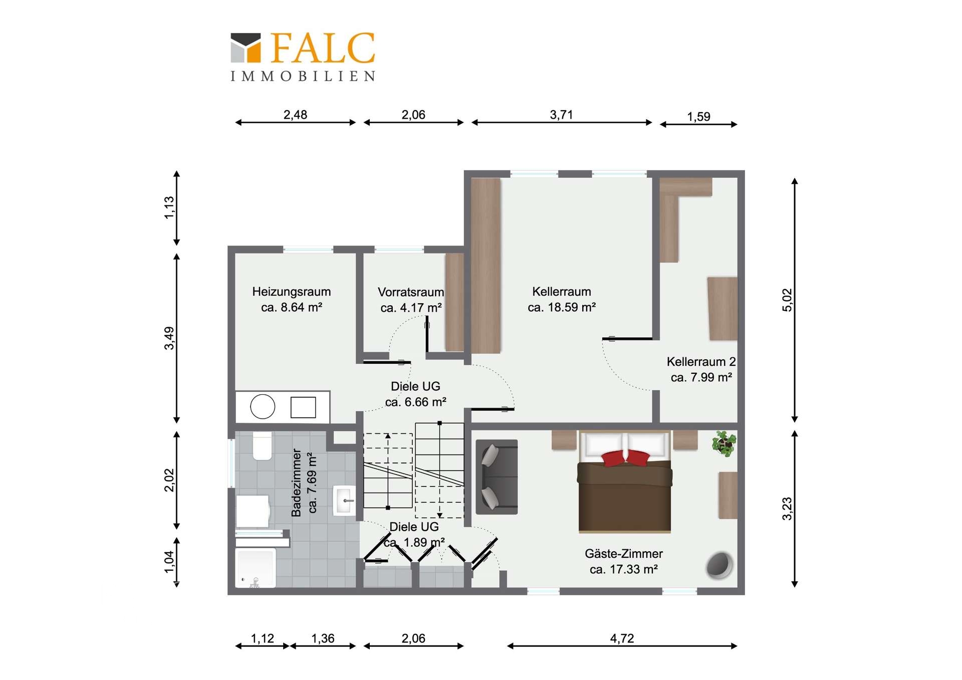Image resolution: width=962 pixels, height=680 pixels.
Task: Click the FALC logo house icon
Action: click(246, 48)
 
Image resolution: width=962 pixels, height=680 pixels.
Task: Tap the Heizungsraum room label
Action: click(291, 292)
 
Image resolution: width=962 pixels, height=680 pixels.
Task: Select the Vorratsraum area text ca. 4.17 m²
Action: click(411, 308)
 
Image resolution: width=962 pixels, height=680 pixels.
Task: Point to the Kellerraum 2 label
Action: click(701, 362)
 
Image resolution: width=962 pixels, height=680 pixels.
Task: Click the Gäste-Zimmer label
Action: click(624, 554)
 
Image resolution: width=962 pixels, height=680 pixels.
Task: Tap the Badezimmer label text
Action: click(297, 483)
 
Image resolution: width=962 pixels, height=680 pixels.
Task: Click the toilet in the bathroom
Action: click(262, 445)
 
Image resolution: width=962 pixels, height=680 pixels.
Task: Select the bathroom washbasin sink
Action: click(345, 500)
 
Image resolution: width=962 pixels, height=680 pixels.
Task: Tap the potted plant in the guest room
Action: click(724, 443)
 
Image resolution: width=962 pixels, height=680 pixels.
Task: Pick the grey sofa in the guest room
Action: click(497, 477)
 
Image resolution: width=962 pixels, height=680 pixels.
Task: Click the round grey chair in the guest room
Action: click(719, 565)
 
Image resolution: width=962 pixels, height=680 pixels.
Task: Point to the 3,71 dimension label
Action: click(561, 115)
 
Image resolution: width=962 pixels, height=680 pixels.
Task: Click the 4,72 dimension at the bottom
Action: click(622, 638)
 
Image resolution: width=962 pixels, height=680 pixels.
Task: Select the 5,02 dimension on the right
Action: click(787, 300)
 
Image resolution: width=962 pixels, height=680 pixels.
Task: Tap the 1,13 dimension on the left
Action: click(169, 207)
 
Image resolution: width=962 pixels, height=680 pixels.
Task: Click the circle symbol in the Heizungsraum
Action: click(263, 406)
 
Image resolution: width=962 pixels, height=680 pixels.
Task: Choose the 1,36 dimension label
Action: click(323, 638)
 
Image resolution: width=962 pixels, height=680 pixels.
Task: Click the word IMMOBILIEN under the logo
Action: click(303, 76)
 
